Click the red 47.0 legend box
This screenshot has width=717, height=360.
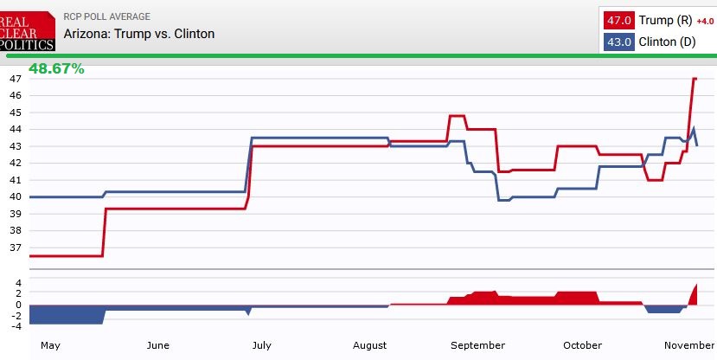point(618,20)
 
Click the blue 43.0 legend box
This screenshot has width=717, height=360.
point(618,42)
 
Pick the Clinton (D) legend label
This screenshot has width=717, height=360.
point(668,42)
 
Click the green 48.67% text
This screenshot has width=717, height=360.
point(56,68)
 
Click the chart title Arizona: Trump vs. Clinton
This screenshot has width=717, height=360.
point(139,34)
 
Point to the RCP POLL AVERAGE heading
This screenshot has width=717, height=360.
point(107,16)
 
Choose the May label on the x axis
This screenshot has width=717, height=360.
point(50,345)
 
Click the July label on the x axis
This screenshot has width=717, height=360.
point(261,345)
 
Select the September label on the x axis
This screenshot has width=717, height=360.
point(478,345)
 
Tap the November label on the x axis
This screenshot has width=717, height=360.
point(689,345)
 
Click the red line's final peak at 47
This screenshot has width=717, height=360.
point(695,79)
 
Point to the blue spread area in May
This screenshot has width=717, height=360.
point(66,314)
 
